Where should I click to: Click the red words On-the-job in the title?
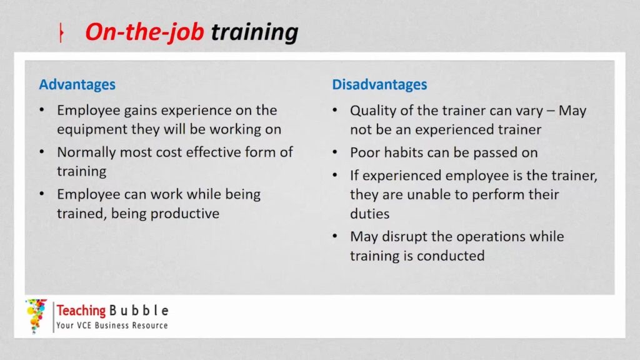[x=144, y=32]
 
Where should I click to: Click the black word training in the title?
[x=254, y=32]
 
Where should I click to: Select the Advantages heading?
[x=77, y=84]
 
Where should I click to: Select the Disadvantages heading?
[x=379, y=84]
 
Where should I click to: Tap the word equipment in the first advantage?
[x=92, y=130]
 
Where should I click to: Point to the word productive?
[x=192, y=214]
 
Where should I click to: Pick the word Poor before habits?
[x=365, y=152]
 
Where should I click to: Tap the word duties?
[x=370, y=214]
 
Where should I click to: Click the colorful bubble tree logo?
[x=36, y=316]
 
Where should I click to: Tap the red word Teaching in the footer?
[x=81, y=311]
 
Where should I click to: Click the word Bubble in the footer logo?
[x=139, y=311]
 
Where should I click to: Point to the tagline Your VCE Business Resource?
[x=112, y=325]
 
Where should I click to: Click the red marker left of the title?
[x=61, y=32]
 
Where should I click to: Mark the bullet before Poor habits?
[x=335, y=152]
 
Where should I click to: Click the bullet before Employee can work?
[x=42, y=194]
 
